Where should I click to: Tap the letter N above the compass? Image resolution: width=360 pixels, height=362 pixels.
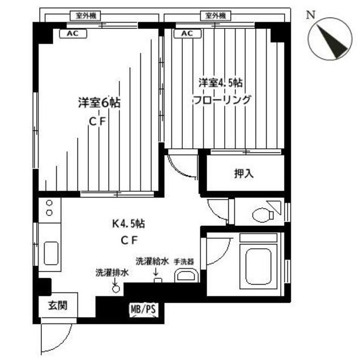coord(311,15)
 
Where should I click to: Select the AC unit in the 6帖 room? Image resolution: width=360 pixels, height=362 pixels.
coord(73,33)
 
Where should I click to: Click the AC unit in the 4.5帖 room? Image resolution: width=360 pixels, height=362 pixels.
coord(187,33)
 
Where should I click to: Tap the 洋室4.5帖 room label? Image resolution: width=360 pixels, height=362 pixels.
coord(221,83)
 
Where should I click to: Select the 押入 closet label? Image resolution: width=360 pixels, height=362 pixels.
coord(244,174)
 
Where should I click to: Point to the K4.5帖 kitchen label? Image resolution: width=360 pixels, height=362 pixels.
coord(127,223)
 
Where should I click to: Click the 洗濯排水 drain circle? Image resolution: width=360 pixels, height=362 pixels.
coord(117,288)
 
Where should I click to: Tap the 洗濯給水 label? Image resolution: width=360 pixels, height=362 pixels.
coord(152,262)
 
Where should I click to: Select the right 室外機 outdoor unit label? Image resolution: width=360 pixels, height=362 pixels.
coord(215,15)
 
